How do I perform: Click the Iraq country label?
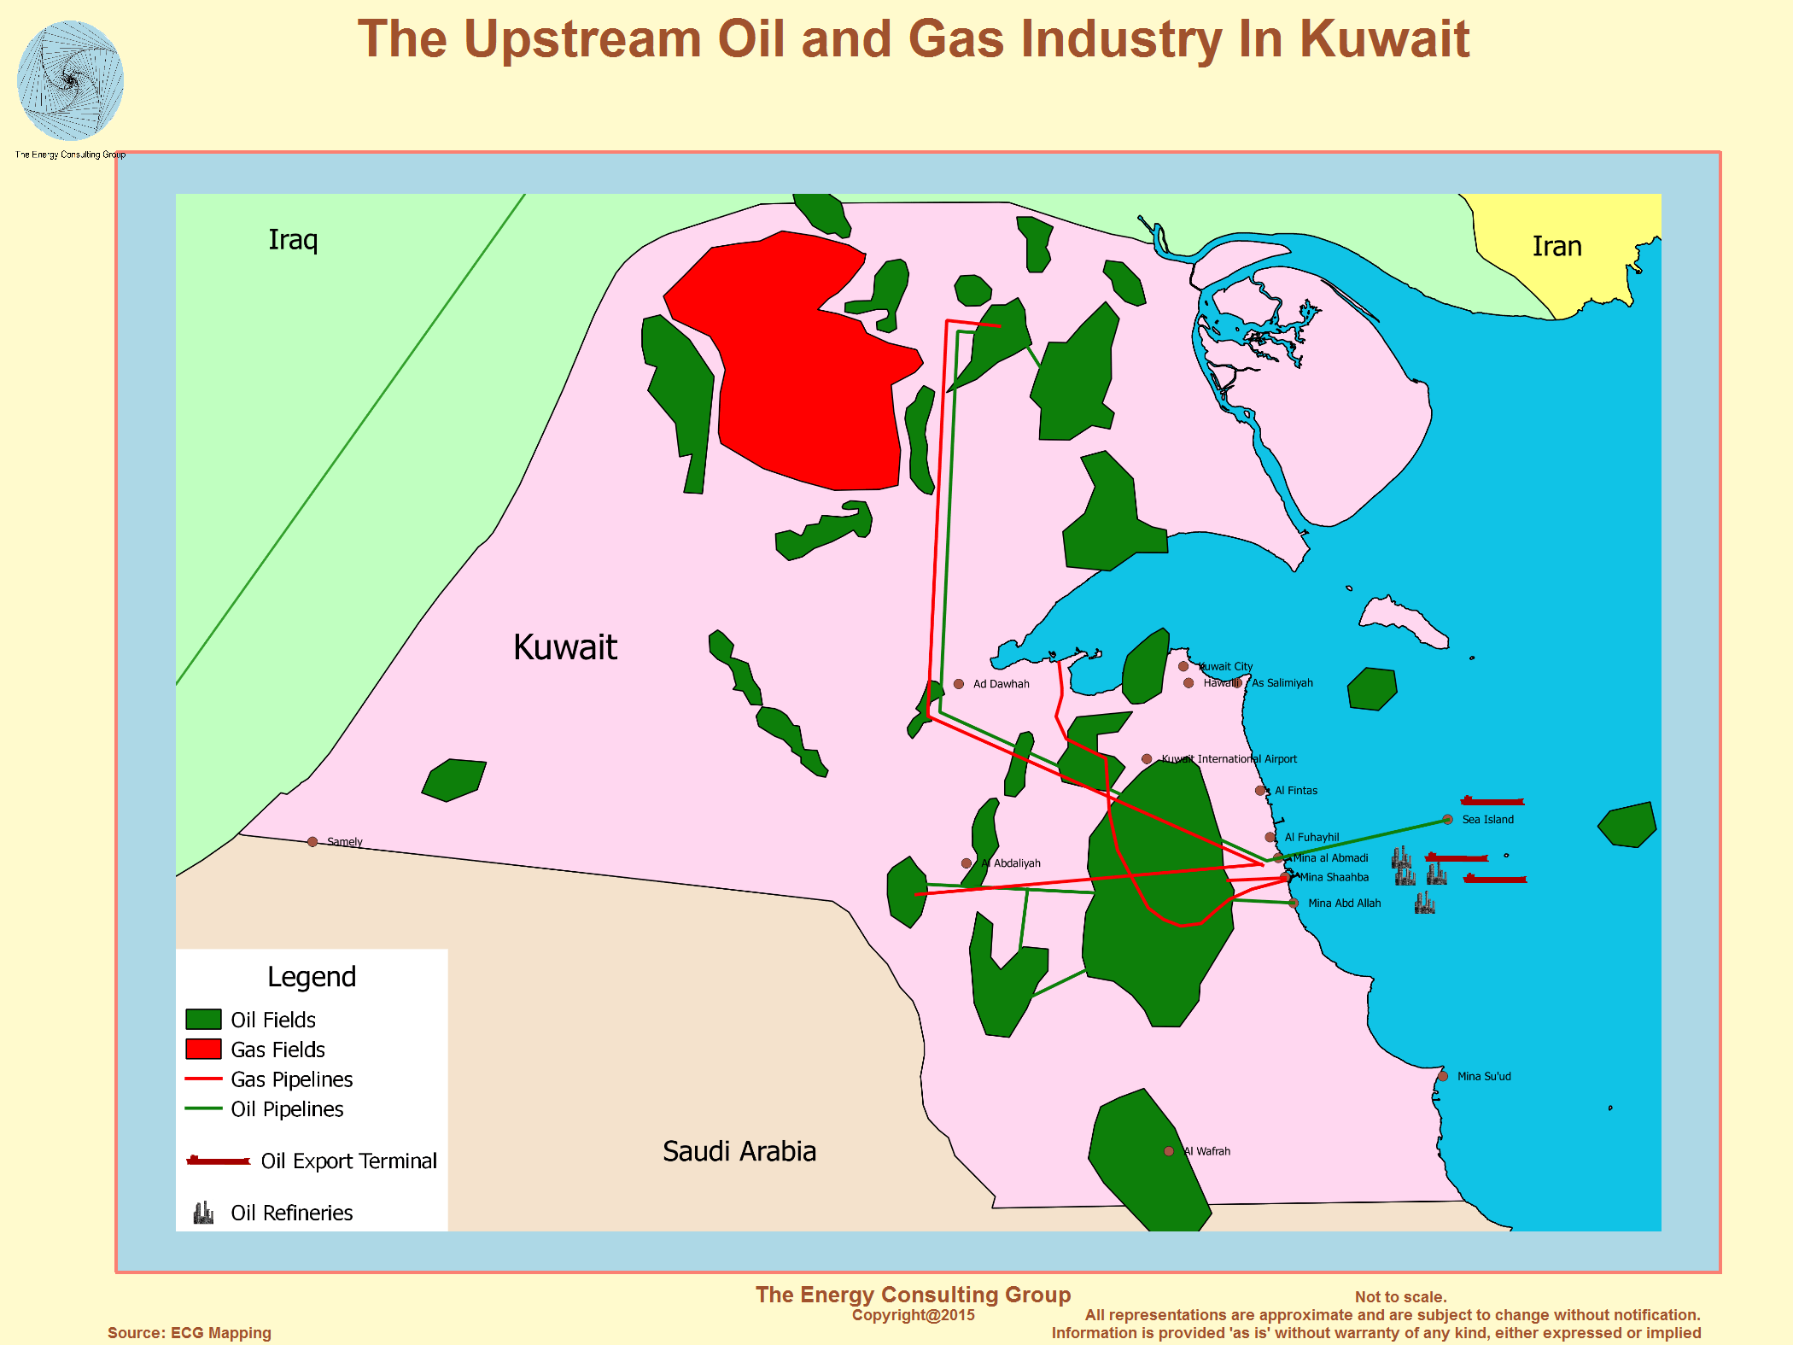pos(293,240)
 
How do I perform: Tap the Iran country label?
pos(1556,247)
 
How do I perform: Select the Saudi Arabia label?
pos(739,1151)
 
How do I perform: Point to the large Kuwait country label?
pos(565,647)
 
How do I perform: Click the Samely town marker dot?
pos(312,842)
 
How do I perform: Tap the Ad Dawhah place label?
pos(1001,684)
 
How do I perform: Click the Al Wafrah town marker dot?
pos(1169,1151)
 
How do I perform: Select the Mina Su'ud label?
pos(1484,1077)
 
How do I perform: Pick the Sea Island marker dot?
pos(1447,820)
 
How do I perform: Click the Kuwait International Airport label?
pos(1229,759)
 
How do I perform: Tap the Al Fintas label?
pos(1295,791)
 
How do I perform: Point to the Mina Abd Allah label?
pos(1344,903)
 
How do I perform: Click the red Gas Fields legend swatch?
pos(203,1050)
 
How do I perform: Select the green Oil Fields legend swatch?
pos(203,1020)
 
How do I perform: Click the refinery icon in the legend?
pos(203,1213)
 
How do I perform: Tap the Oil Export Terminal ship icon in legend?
pos(219,1161)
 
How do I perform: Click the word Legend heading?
pos(312,977)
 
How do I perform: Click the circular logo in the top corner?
pos(70,81)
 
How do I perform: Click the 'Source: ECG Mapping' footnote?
pos(190,1333)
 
